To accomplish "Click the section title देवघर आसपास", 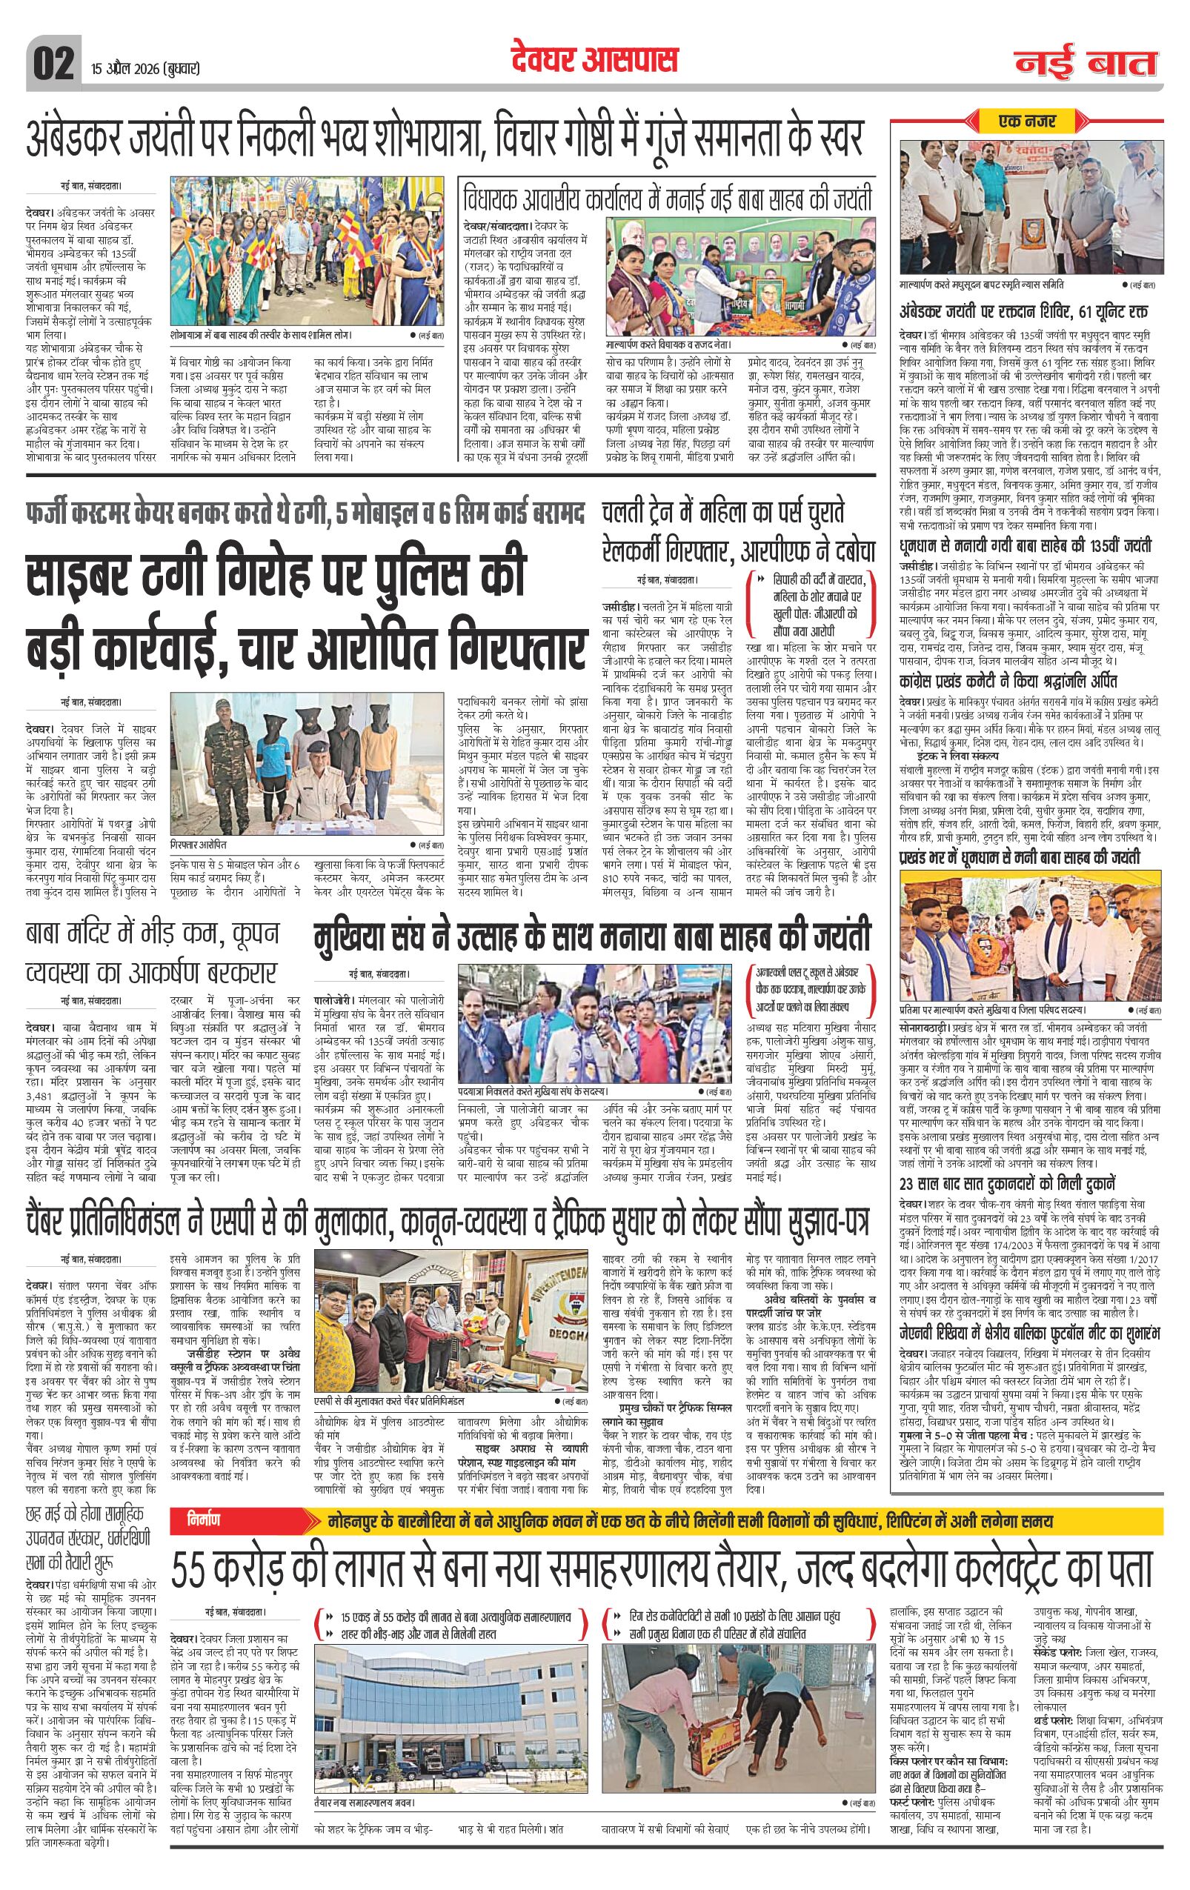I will [x=594, y=60].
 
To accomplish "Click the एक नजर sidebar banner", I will [x=1027, y=122].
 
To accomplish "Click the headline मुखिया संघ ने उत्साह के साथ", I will [x=593, y=937].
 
